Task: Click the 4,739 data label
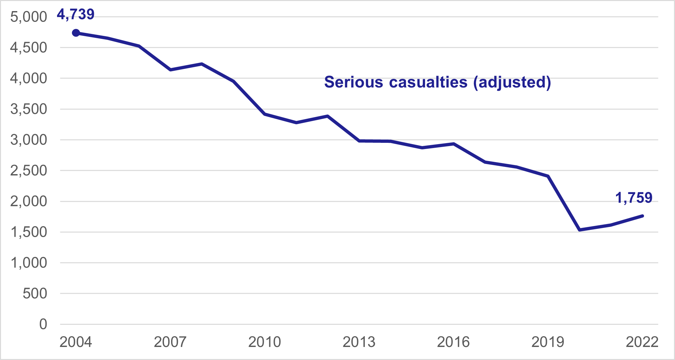click(76, 14)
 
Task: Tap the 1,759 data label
click(634, 198)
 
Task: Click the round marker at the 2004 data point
click(76, 33)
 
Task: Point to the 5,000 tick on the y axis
click(29, 17)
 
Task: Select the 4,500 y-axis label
click(29, 48)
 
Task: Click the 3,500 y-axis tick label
click(29, 109)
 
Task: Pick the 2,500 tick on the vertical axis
click(29, 171)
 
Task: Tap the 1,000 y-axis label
click(29, 263)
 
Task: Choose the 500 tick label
click(35, 293)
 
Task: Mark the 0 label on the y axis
click(43, 324)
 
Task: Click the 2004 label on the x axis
click(76, 342)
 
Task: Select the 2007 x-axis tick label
click(170, 342)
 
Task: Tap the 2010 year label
click(265, 342)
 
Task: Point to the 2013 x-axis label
click(359, 342)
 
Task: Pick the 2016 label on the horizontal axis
click(453, 342)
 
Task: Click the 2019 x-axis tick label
click(548, 342)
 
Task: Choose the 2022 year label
click(642, 342)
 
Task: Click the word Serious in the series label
click(354, 82)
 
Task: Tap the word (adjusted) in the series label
click(512, 82)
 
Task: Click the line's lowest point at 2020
click(580, 230)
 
